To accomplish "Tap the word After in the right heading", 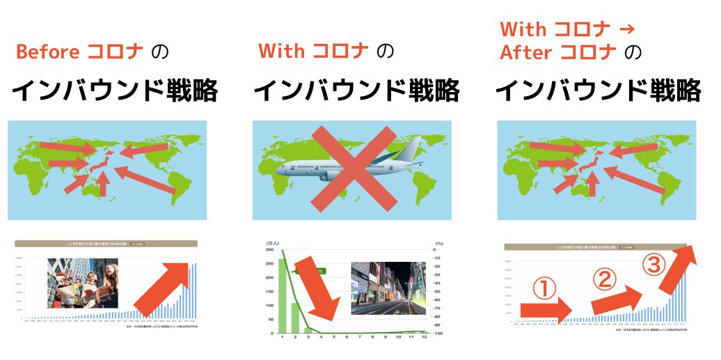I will point(526,52).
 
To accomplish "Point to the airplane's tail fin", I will point(411,148).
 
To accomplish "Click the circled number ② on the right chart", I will point(605,279).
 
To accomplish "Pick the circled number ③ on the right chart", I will point(652,265).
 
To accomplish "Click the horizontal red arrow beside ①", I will point(544,309).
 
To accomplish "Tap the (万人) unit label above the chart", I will point(272,242).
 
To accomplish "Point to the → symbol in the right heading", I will point(626,29).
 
